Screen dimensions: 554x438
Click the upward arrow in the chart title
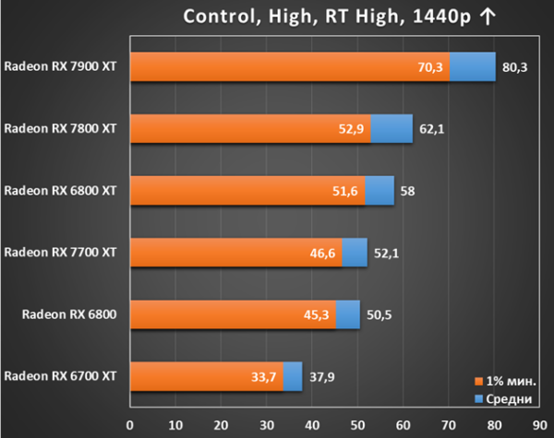click(488, 17)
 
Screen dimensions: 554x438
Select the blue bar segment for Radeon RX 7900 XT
click(473, 66)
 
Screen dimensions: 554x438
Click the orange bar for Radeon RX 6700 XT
click(207, 376)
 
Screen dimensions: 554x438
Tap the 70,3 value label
click(430, 67)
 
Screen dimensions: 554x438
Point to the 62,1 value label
click(432, 129)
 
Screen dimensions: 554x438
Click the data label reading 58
click(407, 191)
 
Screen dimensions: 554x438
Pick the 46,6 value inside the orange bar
click(322, 253)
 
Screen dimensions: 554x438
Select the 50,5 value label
click(379, 314)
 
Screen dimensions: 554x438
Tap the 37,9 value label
click(322, 377)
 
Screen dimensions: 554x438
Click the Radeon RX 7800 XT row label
click(60, 128)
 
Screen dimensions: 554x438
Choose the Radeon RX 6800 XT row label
click(60, 191)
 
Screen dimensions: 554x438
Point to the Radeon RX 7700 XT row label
click(60, 253)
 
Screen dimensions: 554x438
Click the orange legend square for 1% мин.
click(478, 381)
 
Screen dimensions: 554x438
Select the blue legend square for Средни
click(478, 399)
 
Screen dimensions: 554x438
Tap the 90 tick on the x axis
click(540, 425)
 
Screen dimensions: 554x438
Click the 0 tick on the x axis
click(130, 425)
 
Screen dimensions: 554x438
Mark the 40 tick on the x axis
click(312, 425)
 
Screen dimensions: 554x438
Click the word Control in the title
click(219, 17)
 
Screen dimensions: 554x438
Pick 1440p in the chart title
click(441, 17)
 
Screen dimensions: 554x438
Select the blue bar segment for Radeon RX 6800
click(348, 314)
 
